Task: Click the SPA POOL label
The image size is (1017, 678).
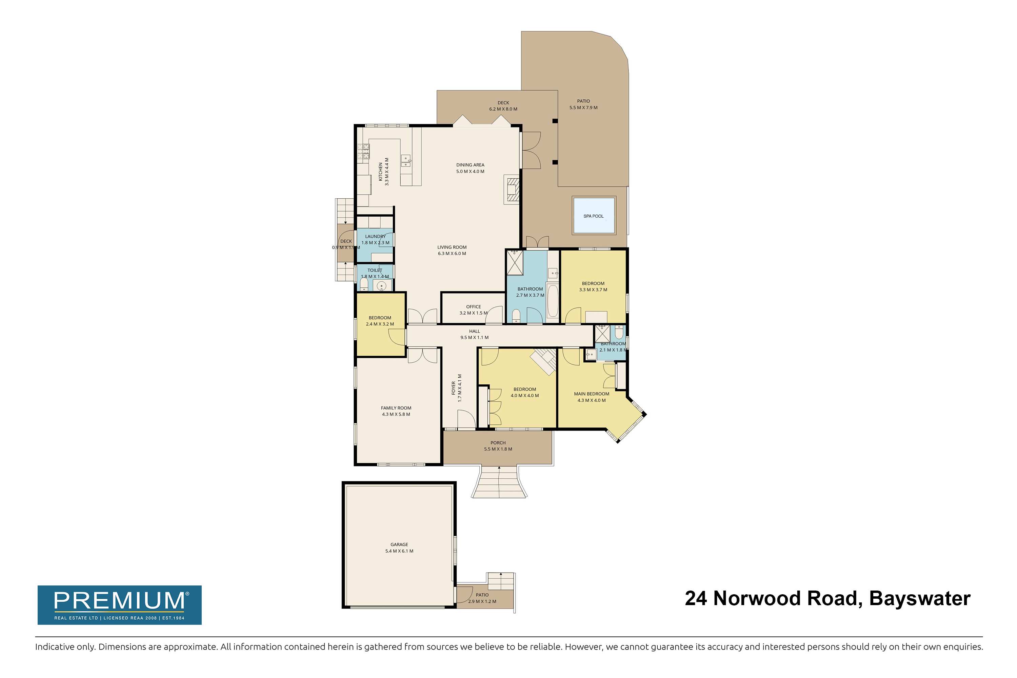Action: pyautogui.click(x=593, y=216)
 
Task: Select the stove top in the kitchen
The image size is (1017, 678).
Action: pyautogui.click(x=363, y=151)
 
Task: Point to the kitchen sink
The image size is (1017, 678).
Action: pyautogui.click(x=103, y=160)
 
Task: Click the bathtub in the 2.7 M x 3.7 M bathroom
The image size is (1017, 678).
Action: pyautogui.click(x=553, y=300)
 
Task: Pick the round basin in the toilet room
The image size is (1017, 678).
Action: pyautogui.click(x=381, y=286)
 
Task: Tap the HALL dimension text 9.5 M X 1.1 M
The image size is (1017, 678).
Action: pyautogui.click(x=474, y=337)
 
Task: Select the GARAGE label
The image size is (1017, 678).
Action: pyautogui.click(x=399, y=545)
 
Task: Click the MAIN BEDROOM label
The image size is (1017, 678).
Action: pyautogui.click(x=592, y=394)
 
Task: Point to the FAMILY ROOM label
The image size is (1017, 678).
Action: pyautogui.click(x=396, y=408)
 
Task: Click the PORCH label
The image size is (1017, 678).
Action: pyautogui.click(x=498, y=443)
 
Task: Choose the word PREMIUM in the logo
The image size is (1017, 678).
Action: pyautogui.click(x=119, y=601)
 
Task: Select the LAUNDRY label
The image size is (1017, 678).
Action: pyautogui.click(x=375, y=237)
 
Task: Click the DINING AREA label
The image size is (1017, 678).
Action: pyautogui.click(x=471, y=165)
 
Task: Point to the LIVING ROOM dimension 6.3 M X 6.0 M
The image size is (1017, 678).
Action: pyautogui.click(x=452, y=253)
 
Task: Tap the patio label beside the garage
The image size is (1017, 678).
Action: pyautogui.click(x=482, y=595)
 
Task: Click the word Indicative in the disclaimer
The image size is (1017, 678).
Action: pyautogui.click(x=52, y=647)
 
